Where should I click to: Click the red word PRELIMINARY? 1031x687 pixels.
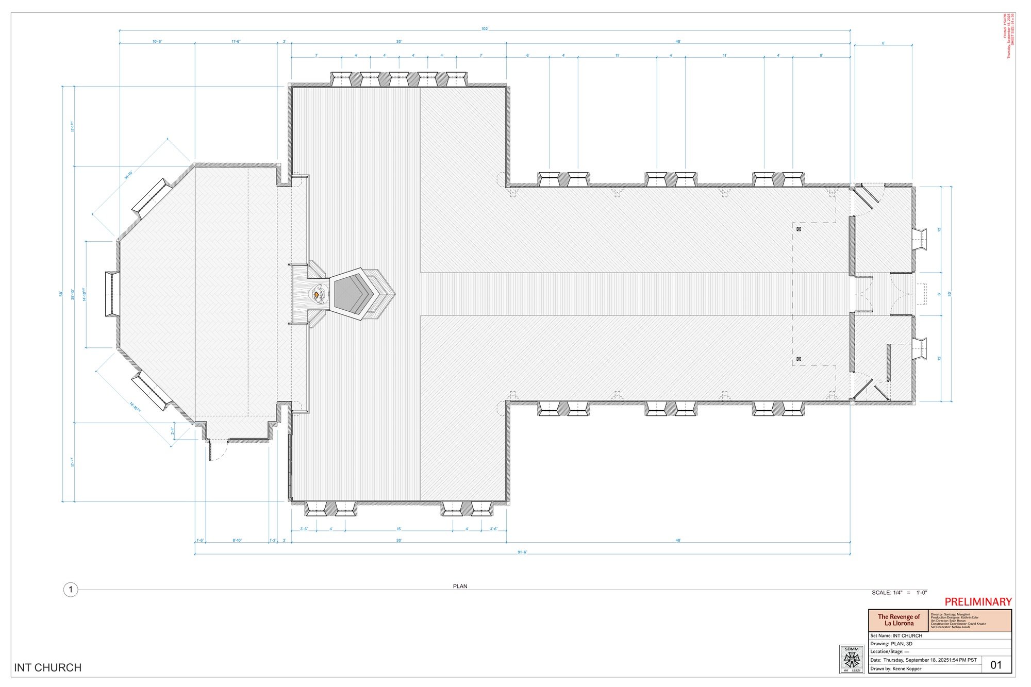point(978,602)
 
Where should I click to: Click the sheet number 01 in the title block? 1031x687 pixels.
point(996,665)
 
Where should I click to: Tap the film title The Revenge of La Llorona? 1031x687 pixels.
point(899,620)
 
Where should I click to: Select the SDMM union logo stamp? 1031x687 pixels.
point(852,659)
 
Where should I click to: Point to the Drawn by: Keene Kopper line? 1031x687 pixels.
point(895,668)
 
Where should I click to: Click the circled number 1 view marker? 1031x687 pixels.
point(71,590)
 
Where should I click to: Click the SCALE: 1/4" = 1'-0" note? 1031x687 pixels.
point(899,593)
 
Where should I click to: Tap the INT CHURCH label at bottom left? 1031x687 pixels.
point(48,667)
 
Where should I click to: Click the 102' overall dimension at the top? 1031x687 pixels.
point(485,29)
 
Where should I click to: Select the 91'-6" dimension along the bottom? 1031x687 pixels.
point(522,552)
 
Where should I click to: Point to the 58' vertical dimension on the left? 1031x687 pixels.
point(61,294)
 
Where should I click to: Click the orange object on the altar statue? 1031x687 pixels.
point(316,294)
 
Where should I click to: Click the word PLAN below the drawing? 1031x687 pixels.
point(460,586)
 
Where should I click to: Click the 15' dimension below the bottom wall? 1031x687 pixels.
point(398,529)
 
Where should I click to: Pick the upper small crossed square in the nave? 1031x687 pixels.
point(799,229)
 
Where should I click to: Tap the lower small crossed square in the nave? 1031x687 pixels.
point(799,359)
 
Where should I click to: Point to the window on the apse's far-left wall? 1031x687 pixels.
point(112,294)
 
